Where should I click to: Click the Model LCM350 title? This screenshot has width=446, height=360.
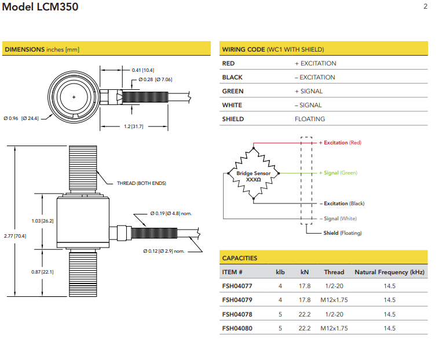41,8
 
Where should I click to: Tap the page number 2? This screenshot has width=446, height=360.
425,6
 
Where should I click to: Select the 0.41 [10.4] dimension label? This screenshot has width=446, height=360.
143,70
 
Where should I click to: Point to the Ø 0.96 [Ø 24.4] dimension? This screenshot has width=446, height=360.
21,118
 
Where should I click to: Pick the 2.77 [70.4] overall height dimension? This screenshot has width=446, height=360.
14,236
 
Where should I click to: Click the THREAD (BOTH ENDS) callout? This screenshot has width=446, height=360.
141,183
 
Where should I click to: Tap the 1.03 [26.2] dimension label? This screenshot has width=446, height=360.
42,221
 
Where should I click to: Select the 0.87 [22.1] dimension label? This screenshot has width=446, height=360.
42,272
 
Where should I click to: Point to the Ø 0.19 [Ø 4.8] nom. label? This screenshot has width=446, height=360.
170,213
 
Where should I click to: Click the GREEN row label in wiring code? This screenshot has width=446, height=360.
233,91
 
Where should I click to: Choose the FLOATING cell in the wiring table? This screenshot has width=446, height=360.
310,119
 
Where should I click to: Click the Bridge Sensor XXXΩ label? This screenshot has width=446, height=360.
253,176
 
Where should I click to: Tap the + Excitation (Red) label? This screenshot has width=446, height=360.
341,143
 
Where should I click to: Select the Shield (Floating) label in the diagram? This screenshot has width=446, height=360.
342,233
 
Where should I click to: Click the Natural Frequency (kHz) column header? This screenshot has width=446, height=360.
389,272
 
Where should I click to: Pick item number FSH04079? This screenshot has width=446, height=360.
237,300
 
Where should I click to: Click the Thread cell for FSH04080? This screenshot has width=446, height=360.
334,328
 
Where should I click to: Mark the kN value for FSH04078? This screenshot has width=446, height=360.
305,314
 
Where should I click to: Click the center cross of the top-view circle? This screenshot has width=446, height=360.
74,97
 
